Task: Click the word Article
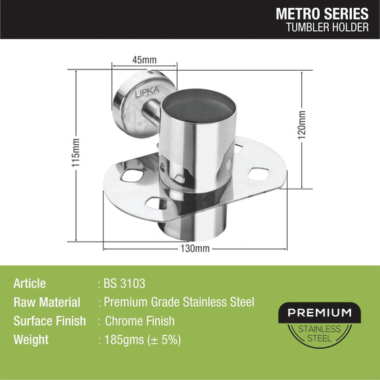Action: point(29,284)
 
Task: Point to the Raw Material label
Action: point(47,303)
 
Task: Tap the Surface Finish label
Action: point(49,321)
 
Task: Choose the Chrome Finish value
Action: point(140,321)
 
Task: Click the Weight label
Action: point(30,340)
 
